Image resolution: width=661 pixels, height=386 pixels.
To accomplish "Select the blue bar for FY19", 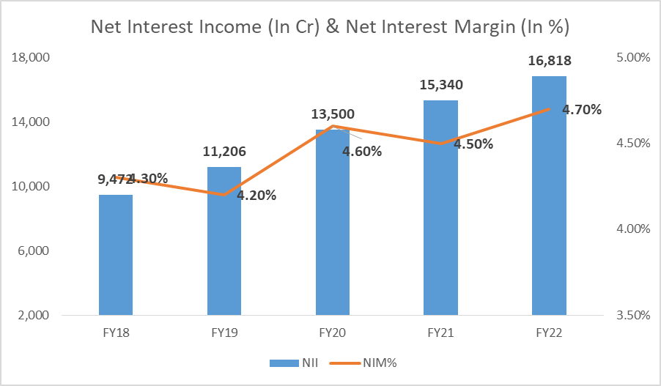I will pos(224,241).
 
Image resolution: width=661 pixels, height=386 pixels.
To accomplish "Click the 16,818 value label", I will pos(549,61).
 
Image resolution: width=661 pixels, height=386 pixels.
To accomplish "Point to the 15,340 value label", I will pos(440,85).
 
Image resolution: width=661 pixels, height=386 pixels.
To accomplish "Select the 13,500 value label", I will pos(332,114).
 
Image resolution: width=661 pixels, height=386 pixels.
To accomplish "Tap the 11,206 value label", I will pos(224,152).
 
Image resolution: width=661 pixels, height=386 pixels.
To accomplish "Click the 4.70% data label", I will pos(582,110).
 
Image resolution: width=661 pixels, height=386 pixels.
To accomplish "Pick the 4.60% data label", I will pos(362,152).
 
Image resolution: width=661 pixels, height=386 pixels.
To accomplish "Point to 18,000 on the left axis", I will pos(31,58).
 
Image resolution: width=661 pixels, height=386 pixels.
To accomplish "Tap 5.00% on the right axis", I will pos(632,58).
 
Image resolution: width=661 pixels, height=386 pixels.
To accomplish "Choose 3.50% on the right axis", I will pos(632,316).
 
